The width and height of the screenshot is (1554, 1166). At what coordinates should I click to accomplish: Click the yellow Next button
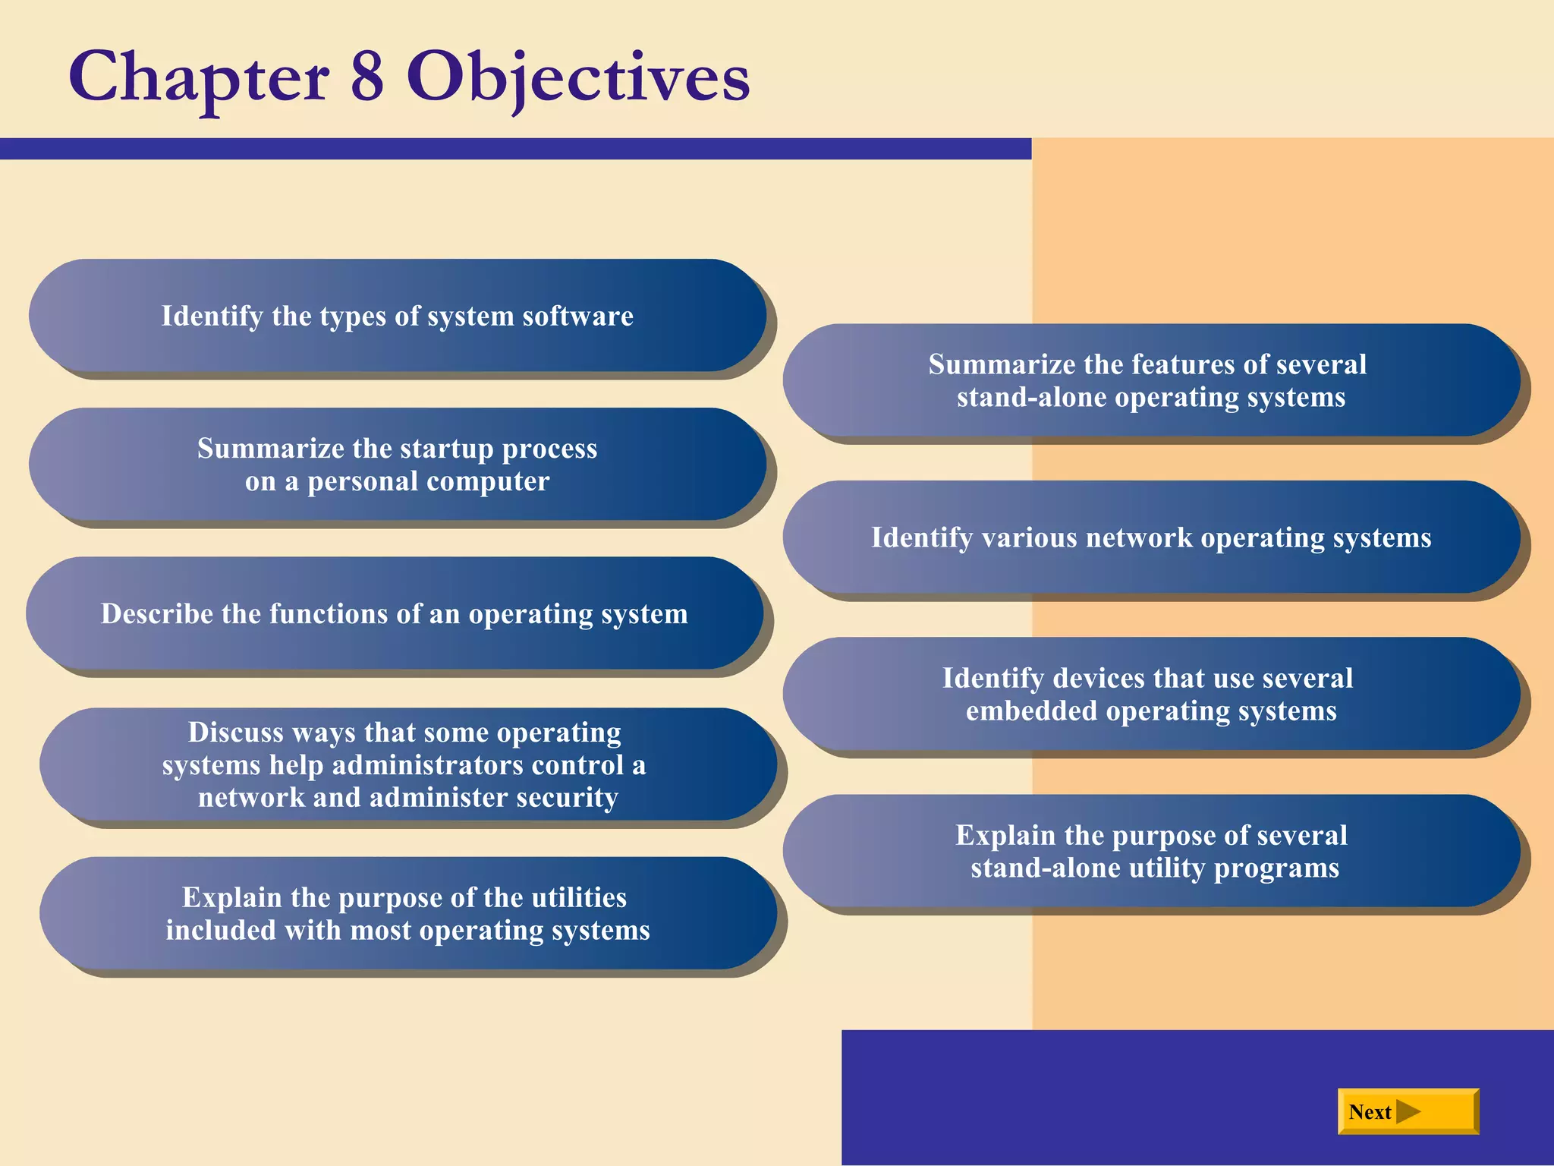point(1408,1111)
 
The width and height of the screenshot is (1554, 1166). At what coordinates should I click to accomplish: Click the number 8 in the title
point(367,77)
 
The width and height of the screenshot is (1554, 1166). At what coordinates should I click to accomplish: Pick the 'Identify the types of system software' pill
point(397,316)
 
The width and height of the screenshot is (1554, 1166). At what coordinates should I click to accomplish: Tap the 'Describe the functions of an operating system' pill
point(394,613)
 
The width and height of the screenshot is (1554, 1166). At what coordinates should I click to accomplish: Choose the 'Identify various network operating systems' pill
point(1150,537)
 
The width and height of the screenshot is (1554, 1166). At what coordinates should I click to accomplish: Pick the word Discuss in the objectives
point(235,733)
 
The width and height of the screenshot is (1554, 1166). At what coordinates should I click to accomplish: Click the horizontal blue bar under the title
point(516,149)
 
